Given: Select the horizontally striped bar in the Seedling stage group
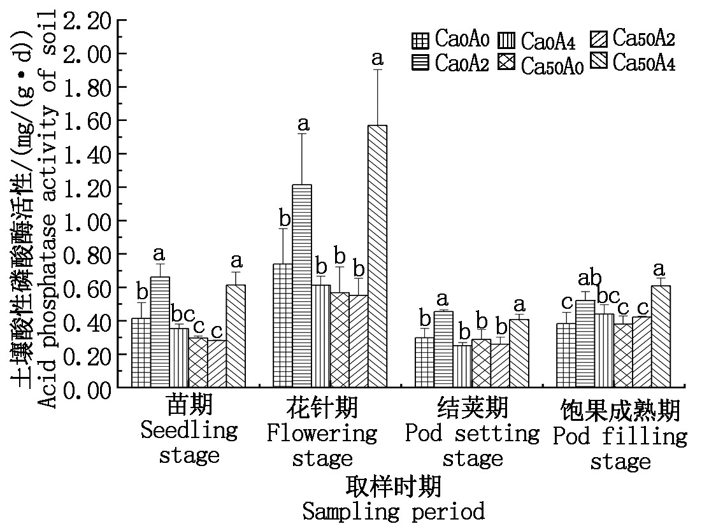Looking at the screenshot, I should pyautogui.click(x=160, y=332).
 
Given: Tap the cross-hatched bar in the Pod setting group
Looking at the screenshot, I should pyautogui.click(x=481, y=363).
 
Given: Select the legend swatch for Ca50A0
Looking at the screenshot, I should pyautogui.click(x=509, y=64).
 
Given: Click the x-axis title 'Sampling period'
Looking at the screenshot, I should pyautogui.click(x=393, y=511).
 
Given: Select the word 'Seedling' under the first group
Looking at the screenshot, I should pyautogui.click(x=189, y=430).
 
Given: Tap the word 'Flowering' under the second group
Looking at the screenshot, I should pyautogui.click(x=322, y=434).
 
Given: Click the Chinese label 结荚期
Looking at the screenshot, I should pyautogui.click(x=473, y=407).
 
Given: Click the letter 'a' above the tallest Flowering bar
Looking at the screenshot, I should pyautogui.click(x=377, y=59).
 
